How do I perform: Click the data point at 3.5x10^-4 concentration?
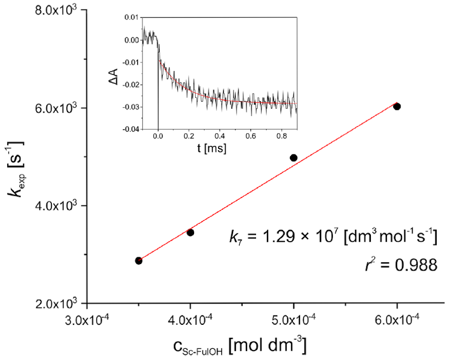[139, 261]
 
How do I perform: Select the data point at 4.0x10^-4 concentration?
[190, 232]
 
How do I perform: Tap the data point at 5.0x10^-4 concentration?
[294, 158]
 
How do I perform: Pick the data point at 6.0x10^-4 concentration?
[397, 106]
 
